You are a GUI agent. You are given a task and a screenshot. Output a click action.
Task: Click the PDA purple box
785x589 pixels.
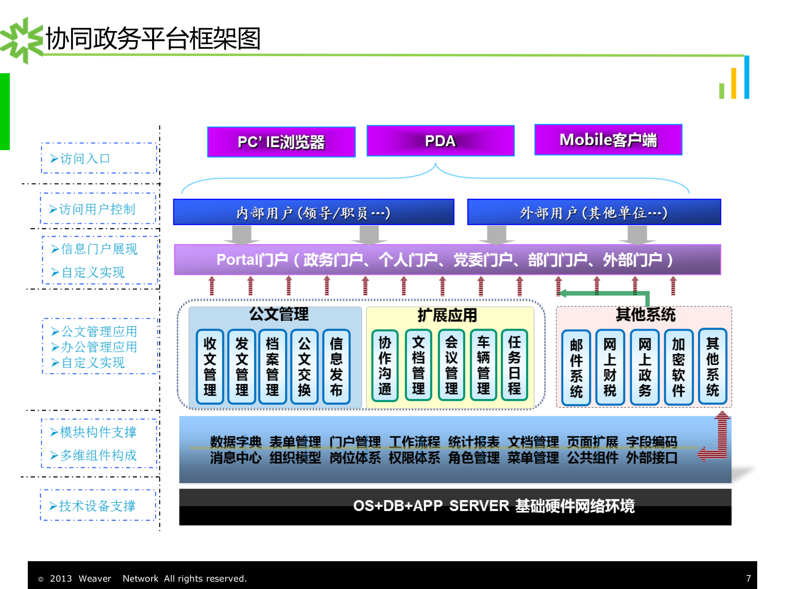[440, 141]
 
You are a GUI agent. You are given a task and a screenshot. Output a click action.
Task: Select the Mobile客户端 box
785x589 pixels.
[608, 140]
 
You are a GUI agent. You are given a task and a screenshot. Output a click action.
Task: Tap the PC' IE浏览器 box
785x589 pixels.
[281, 142]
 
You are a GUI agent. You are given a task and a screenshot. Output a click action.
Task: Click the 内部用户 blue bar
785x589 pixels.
[314, 212]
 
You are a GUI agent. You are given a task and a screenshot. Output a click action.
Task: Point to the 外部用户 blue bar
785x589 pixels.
[594, 212]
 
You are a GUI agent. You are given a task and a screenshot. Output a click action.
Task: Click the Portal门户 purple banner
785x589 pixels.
[447, 260]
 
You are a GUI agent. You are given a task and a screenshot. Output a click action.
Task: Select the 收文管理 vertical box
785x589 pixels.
[210, 366]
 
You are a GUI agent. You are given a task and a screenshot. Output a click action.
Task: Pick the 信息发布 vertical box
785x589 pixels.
[336, 366]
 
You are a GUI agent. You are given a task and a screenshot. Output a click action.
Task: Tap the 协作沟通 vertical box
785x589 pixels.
[385, 366]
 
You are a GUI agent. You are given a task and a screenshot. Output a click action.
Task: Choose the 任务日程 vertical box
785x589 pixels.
[514, 366]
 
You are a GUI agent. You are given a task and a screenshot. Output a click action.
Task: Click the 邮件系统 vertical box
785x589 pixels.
[576, 368]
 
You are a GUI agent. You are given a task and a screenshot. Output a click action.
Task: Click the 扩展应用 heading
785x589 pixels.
[447, 315]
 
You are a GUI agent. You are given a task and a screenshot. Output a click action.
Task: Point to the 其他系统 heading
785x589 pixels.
[645, 315]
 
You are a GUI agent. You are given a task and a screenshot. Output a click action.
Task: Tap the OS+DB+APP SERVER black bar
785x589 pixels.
[455, 506]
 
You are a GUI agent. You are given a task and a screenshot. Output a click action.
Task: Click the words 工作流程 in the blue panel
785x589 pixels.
[414, 441]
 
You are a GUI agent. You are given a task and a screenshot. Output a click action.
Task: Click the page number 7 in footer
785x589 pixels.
[748, 578]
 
